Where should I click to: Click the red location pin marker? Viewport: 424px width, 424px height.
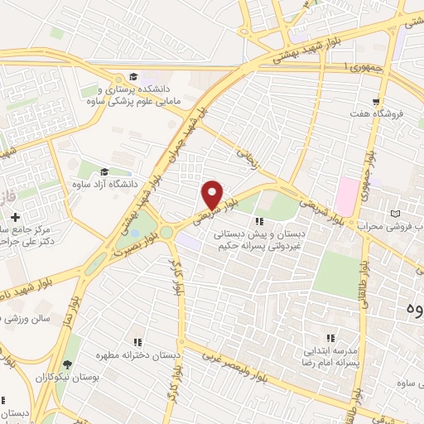coord(213,195)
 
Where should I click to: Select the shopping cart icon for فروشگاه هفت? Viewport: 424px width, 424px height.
coord(377,100)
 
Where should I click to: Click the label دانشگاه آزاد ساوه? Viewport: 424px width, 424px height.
coord(104,183)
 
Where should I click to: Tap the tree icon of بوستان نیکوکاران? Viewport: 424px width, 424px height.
coord(67,364)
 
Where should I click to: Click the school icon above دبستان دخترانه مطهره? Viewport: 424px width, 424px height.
coord(138,340)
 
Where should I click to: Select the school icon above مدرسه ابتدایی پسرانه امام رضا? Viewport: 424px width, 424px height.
coord(330,338)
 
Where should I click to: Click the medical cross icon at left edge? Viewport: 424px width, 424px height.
coord(16,217)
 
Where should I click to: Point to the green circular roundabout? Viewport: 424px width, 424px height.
coord(167,233)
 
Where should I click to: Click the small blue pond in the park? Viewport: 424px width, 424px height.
coord(134,234)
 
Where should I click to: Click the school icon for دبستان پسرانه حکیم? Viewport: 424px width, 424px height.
coord(259,221)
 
